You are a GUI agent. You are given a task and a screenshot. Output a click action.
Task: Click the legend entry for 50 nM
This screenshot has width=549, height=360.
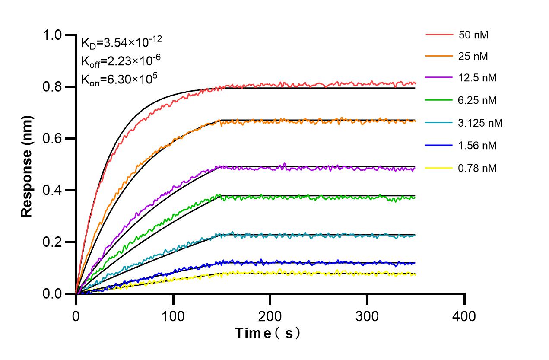(x=473, y=35)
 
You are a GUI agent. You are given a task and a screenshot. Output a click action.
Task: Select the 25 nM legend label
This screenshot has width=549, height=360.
(x=473, y=56)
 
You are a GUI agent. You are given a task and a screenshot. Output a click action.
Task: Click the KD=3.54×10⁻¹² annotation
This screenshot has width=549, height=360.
(x=121, y=42)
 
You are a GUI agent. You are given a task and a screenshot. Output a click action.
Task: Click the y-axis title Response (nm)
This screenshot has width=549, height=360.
(x=27, y=164)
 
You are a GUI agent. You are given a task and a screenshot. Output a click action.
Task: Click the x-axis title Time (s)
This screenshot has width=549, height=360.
(x=268, y=333)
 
